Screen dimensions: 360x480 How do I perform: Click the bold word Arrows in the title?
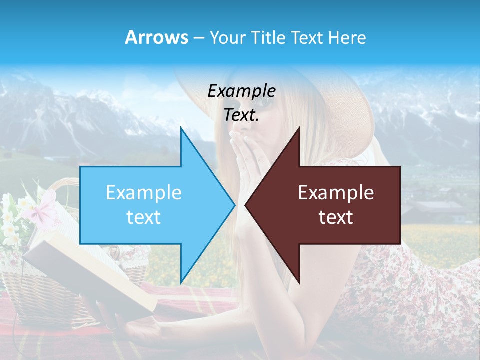156,37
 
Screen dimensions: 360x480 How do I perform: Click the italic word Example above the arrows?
241,91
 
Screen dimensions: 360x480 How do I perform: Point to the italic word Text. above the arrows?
241,115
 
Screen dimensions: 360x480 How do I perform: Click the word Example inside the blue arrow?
144,193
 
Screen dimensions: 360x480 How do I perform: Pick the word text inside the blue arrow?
144,217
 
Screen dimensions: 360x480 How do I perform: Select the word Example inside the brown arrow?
336,193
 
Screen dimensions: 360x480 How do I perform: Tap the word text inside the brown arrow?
336,217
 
